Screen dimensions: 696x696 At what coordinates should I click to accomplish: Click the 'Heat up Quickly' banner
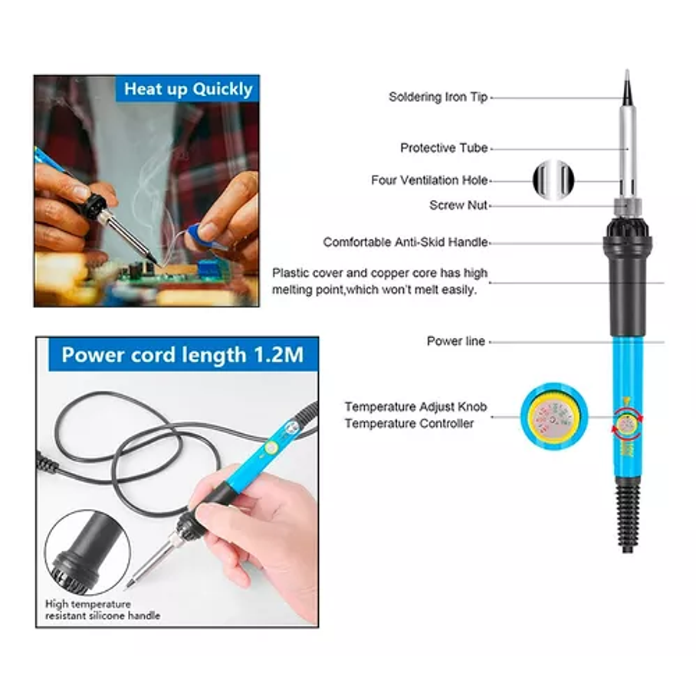click(187, 89)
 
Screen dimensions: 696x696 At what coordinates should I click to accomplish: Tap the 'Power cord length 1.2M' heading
click(183, 355)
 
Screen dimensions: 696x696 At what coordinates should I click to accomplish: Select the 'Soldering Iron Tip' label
click(438, 97)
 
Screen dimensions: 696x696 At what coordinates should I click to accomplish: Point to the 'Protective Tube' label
click(444, 148)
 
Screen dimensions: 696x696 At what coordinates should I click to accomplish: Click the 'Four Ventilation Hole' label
click(429, 180)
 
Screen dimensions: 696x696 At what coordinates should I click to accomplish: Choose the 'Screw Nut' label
click(458, 205)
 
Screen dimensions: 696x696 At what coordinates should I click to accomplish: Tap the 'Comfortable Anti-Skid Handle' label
click(405, 242)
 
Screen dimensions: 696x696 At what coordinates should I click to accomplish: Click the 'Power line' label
click(455, 341)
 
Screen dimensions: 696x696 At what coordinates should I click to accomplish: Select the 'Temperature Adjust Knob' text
click(415, 406)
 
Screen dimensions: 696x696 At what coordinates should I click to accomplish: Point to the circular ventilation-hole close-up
click(553, 180)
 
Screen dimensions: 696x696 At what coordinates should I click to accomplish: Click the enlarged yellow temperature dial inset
click(553, 416)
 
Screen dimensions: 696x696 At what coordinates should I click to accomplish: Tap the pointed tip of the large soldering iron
click(627, 71)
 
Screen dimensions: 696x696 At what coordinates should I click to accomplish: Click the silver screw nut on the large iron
click(628, 207)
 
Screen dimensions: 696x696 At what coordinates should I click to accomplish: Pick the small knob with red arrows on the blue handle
click(627, 425)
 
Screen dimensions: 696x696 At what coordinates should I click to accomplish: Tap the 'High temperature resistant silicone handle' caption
click(103, 610)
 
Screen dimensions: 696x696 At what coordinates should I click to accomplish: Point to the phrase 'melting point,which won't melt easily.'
click(374, 290)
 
